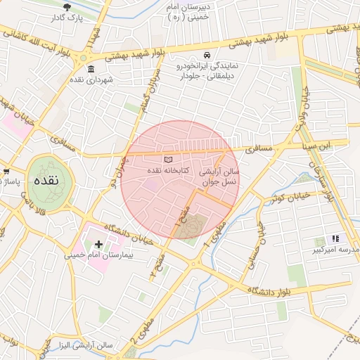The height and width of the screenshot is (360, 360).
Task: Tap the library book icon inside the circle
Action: [x=167, y=160]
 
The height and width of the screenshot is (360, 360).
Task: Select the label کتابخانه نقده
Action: [x=167, y=171]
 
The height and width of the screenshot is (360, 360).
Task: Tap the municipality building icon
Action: [x=91, y=69]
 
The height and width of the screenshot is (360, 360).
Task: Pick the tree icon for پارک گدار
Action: [x=67, y=8]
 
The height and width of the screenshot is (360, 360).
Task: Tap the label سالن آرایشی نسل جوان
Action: [x=219, y=176]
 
